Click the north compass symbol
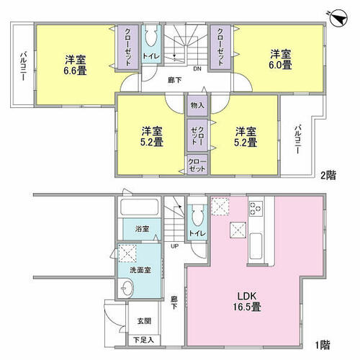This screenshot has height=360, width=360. [338, 17]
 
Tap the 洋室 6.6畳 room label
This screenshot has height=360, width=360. [75, 65]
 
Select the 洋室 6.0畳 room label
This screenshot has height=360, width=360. [281, 59]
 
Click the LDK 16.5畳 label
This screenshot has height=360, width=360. [247, 302]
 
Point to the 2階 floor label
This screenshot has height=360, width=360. [328, 176]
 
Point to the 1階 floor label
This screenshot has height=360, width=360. [323, 345]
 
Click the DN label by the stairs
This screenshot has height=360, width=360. [197, 69]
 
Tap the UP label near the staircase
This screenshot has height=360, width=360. [174, 246]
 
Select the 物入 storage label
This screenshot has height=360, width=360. [197, 105]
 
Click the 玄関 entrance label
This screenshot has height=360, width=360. [144, 321]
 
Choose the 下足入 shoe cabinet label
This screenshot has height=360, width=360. [143, 340]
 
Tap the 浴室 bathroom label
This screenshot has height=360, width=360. [142, 229]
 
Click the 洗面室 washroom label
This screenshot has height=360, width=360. [140, 270]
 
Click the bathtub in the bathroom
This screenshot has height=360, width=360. [140, 207]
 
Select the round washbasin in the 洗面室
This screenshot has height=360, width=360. [127, 287]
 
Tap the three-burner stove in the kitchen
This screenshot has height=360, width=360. [256, 209]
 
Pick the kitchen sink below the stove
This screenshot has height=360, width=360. [256, 246]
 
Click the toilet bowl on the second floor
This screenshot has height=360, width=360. [151, 38]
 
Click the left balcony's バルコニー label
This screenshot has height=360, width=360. [23, 66]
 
